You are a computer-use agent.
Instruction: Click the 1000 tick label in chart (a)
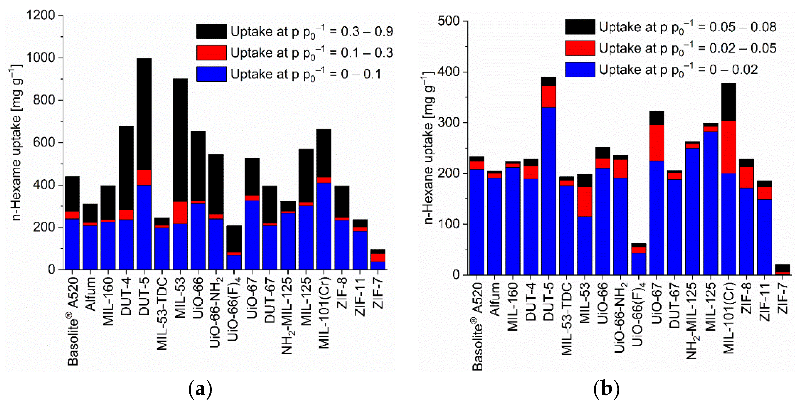coord(41,58)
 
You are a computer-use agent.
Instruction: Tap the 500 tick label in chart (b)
coord(448,21)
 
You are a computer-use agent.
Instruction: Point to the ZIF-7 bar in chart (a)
coord(378,259)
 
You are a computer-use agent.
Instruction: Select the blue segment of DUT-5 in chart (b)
coord(549,191)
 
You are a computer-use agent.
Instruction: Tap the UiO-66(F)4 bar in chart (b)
coord(639,259)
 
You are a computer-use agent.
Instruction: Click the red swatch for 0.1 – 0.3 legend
coord(211,53)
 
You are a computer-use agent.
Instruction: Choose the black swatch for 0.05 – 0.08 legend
coord(580,27)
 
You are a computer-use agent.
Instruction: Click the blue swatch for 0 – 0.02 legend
coord(580,69)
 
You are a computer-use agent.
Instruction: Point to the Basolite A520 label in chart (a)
coord(73,321)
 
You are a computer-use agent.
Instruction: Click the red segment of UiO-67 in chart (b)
coord(657,143)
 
